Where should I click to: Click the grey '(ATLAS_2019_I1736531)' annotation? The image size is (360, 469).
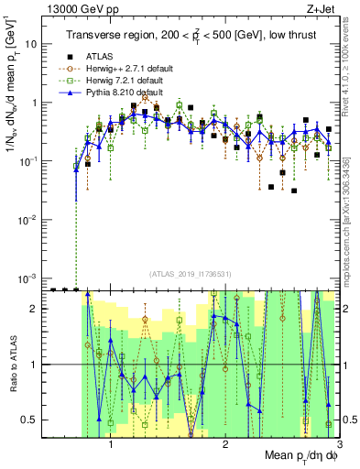191,274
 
